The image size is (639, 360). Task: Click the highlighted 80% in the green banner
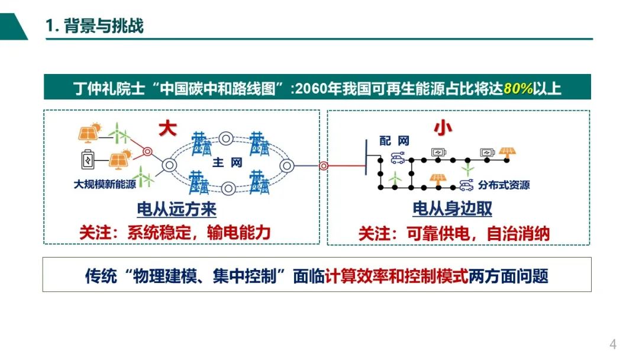coord(518,89)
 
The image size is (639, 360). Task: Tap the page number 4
coord(613,344)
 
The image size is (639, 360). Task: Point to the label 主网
coord(227,162)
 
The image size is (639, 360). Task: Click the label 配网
coord(394,141)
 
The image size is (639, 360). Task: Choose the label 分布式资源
coord(504,185)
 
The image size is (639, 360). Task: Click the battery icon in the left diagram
coord(88,159)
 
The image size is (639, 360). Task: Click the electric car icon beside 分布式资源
coord(467,186)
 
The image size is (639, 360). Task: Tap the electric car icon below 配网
coord(396,157)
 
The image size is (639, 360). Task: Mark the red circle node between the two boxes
coord(324,166)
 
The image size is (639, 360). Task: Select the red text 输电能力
coord(239,232)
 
